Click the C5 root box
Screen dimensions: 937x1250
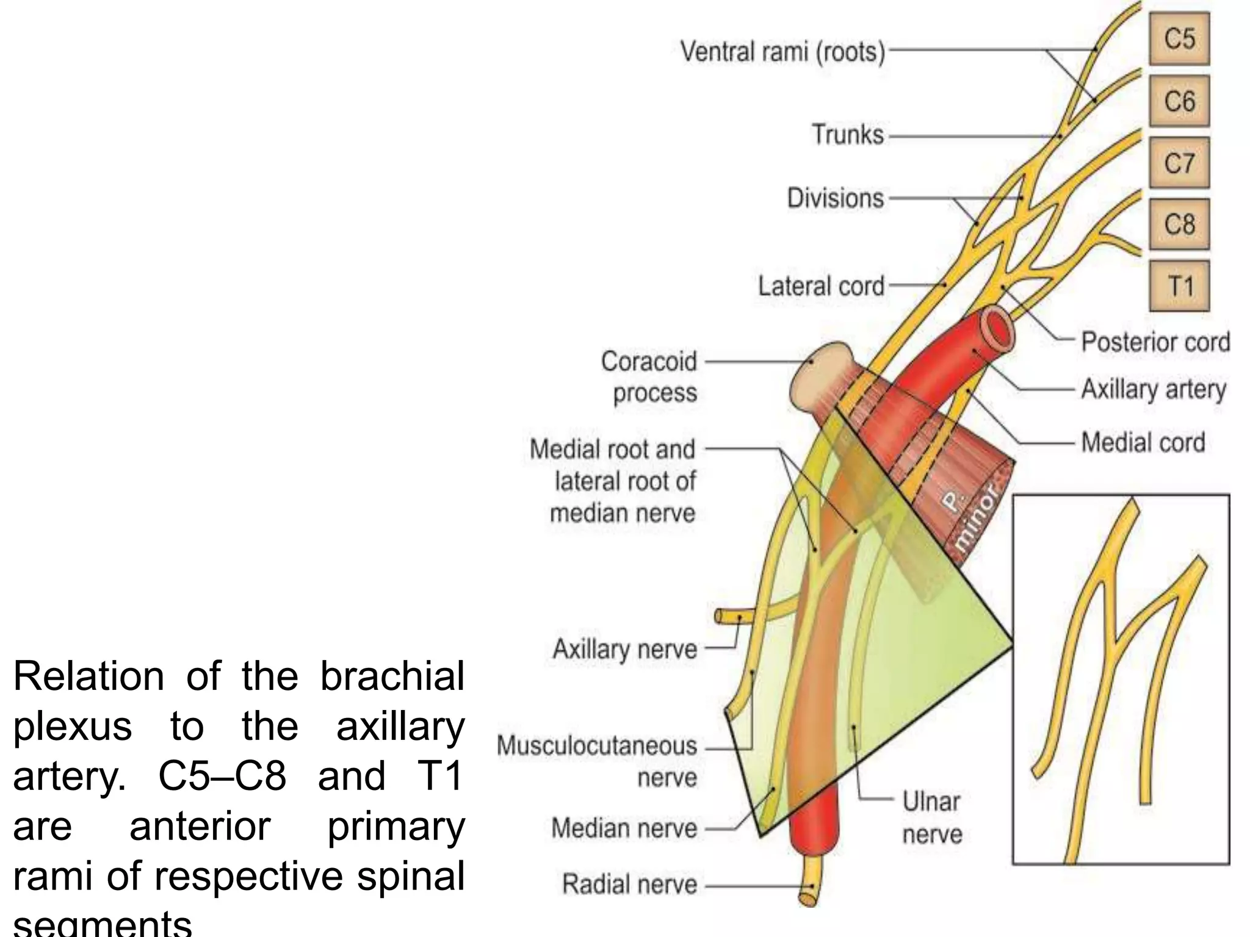[1179, 40]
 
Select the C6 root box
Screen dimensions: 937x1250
[1179, 101]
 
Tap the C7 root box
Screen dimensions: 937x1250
[1179, 163]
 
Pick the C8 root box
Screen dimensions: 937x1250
[1179, 224]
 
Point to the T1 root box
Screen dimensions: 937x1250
[1179, 286]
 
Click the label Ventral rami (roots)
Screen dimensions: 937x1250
[782, 52]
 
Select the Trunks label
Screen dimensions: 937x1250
[847, 135]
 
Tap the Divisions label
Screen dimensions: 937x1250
[835, 198]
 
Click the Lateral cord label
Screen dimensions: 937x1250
[821, 285]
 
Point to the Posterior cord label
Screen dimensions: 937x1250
[1155, 342]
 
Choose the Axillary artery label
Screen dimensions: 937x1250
[1154, 389]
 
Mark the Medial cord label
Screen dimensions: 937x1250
[1143, 442]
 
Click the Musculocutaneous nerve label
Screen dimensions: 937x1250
[597, 761]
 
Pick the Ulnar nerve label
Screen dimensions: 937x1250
[932, 817]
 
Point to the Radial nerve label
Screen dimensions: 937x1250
[629, 884]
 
